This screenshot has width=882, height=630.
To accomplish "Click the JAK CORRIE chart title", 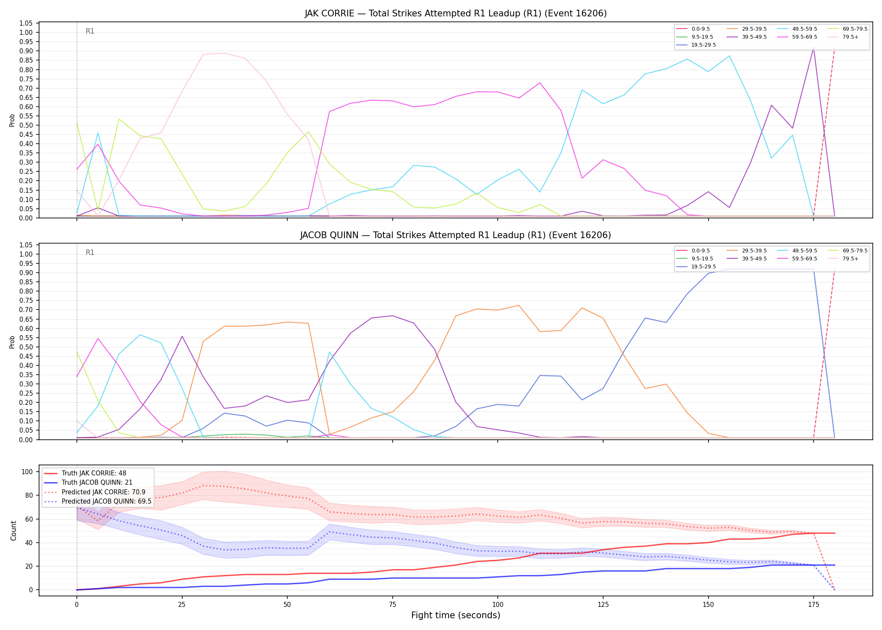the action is click(x=456, y=13).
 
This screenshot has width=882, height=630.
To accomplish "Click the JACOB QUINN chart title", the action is click(x=456, y=235).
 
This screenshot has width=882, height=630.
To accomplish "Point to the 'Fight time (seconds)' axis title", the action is click(x=456, y=615).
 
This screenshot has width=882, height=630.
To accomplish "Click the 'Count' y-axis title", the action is click(x=13, y=530).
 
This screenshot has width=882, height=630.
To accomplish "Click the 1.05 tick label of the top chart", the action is click(x=26, y=23).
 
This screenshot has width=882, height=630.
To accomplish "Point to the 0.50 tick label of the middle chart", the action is click(x=26, y=347).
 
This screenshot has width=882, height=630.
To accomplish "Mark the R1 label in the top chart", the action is click(x=90, y=31).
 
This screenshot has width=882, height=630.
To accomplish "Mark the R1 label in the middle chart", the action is click(x=90, y=252).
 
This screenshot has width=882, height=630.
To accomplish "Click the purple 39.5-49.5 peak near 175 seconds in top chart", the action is click(x=814, y=48).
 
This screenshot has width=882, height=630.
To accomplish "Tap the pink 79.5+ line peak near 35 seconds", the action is click(x=224, y=53).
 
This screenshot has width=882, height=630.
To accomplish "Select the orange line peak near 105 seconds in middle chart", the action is click(x=519, y=305).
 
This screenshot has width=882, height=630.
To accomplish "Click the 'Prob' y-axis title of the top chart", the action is click(x=12, y=120).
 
